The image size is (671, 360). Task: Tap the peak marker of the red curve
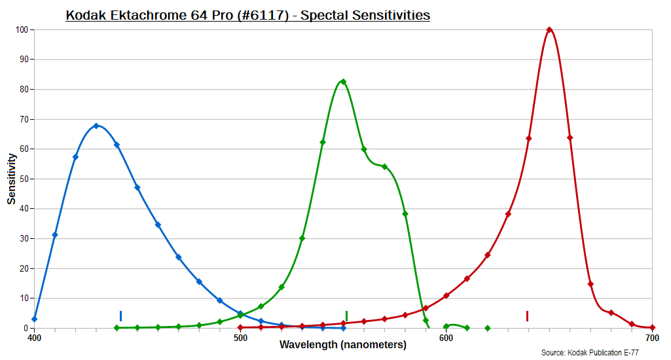pyautogui.click(x=549, y=29)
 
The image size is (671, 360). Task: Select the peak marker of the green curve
pyautogui.click(x=343, y=82)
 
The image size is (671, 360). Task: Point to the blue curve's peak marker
pyautogui.click(x=96, y=126)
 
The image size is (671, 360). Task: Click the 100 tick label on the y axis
pyautogui.click(x=22, y=29)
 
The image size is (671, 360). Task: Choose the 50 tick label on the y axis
pyautogui.click(x=24, y=179)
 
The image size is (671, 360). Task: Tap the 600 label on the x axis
pyautogui.click(x=446, y=338)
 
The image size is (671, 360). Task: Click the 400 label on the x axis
pyautogui.click(x=35, y=338)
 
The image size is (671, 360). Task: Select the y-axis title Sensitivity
pyautogui.click(x=12, y=179)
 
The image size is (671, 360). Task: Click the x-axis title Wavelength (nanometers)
pyautogui.click(x=343, y=345)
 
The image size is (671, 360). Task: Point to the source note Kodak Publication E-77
pyautogui.click(x=590, y=353)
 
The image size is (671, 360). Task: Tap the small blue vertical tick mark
pyautogui.click(x=120, y=316)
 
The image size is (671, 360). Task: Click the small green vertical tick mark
pyautogui.click(x=346, y=316)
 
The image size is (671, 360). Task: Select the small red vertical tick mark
pyautogui.click(x=527, y=316)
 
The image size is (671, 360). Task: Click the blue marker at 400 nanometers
pyautogui.click(x=35, y=319)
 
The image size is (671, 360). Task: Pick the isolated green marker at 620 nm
pyautogui.click(x=487, y=328)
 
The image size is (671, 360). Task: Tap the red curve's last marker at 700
pyautogui.click(x=652, y=328)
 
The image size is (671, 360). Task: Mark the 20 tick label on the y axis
pyautogui.click(x=24, y=268)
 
